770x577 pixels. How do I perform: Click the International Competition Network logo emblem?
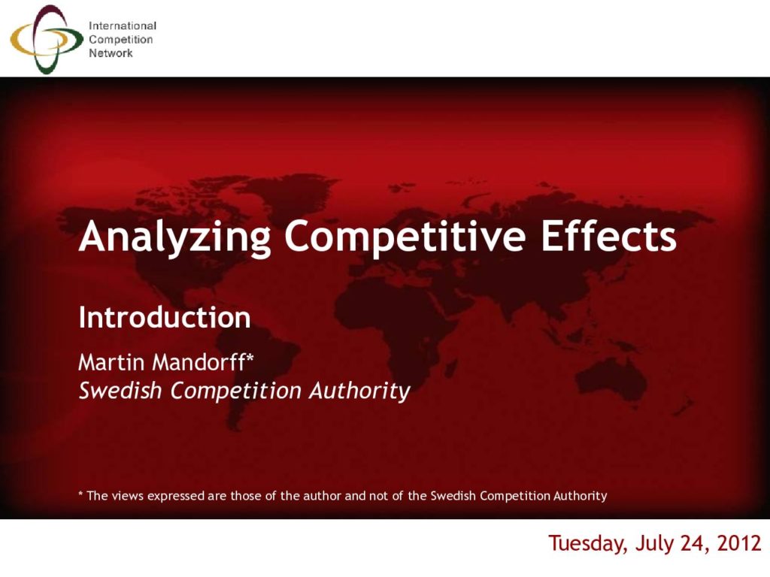47,39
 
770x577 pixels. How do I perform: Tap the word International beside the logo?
123,26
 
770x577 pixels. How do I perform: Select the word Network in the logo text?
111,53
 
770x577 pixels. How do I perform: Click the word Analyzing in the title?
174,237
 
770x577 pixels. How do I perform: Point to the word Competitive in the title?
405,236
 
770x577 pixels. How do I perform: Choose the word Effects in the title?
608,236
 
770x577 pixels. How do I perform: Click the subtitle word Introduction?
165,317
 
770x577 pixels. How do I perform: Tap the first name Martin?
111,363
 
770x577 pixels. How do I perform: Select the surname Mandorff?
199,363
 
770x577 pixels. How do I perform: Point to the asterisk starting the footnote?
80,493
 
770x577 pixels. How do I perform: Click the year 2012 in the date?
739,544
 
